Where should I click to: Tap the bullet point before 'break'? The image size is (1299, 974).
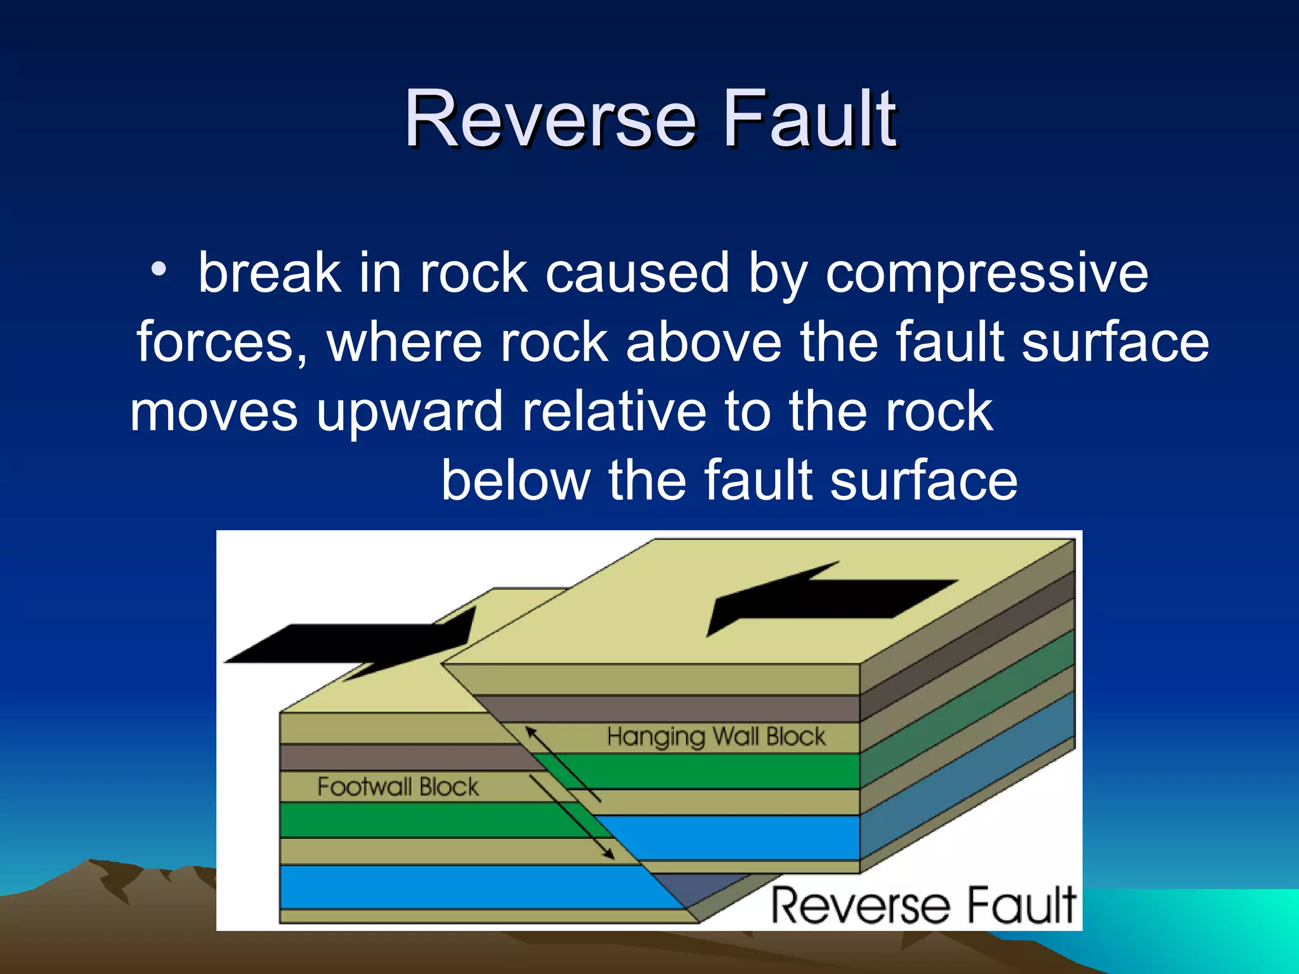tap(159, 269)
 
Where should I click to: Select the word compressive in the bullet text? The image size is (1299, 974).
tap(986, 274)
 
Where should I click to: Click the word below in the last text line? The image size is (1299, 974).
tap(515, 480)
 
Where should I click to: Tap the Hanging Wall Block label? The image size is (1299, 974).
tap(715, 737)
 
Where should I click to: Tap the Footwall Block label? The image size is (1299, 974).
tap(398, 787)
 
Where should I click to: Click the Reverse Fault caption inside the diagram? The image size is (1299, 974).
tap(924, 906)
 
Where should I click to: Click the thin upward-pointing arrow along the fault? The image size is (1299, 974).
tap(561, 763)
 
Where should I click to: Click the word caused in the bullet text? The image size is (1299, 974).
tap(636, 274)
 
